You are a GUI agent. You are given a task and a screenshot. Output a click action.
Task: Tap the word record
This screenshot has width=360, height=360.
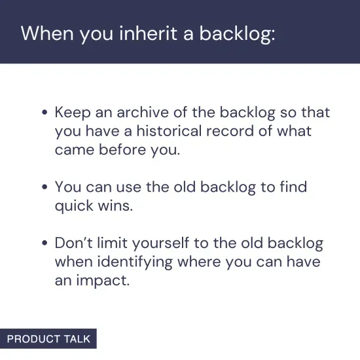coord(234,131)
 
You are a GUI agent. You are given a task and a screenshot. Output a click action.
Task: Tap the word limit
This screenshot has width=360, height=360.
coord(114,243)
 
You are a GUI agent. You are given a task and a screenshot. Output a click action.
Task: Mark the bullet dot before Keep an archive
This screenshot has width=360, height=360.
coord(45,113)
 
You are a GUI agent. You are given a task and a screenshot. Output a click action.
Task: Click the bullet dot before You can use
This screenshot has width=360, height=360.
coord(45,188)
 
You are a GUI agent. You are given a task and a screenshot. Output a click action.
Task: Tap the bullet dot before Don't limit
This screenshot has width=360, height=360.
coord(45,244)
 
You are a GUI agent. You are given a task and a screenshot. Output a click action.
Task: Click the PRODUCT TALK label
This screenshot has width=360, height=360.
coord(48,339)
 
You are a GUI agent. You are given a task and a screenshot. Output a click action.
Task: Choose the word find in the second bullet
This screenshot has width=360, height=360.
coord(293,187)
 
